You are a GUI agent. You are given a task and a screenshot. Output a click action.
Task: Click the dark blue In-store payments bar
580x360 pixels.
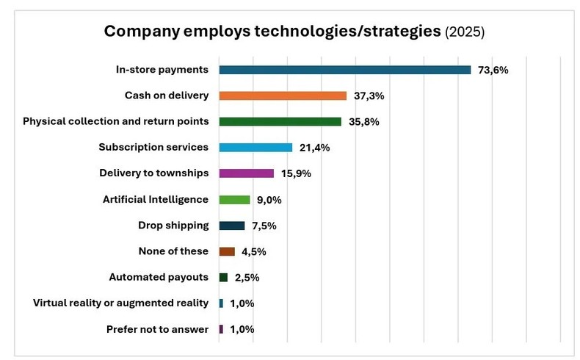pos(344,70)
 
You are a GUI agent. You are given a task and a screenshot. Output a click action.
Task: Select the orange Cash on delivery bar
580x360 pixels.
pos(283,96)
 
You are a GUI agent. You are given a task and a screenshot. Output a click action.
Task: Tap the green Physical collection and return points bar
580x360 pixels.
pos(280,121)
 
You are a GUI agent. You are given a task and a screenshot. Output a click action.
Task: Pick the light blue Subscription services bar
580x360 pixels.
pos(255,148)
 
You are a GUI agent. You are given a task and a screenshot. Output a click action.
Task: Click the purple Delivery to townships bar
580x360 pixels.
pos(246,173)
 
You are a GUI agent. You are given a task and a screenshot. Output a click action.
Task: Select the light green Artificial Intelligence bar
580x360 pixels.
pos(234,200)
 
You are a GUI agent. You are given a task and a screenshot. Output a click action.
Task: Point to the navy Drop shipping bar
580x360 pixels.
pos(231,226)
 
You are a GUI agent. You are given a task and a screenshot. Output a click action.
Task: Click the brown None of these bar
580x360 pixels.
pos(226,251)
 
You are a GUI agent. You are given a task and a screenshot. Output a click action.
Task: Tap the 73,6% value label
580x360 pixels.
pos(493,70)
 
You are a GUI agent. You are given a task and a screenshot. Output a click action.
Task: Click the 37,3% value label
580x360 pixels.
pos(369,96)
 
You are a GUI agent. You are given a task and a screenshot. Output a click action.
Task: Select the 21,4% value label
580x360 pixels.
pos(314,148)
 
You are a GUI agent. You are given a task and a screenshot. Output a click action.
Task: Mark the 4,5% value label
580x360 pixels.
pos(253,251)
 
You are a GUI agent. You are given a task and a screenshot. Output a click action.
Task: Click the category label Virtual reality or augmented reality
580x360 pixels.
pos(121,303)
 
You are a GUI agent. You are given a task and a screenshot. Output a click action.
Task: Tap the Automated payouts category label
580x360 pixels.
pos(158,277)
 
